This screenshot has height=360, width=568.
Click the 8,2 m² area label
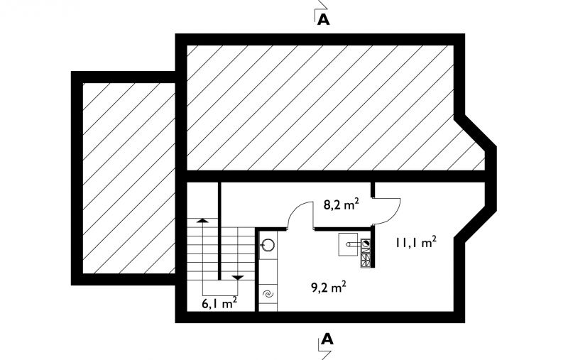[x=342, y=205]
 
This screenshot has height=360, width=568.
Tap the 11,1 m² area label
[x=415, y=243]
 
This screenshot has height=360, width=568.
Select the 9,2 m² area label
[x=329, y=288]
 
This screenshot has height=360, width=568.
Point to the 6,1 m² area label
[x=219, y=303]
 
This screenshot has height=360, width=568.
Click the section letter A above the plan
[x=324, y=20]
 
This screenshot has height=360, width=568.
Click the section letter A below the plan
[x=327, y=339]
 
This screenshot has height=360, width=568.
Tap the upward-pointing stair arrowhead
[x=202, y=220]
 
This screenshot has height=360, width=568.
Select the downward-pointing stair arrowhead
[x=238, y=278]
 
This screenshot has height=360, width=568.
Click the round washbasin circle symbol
[x=268, y=245]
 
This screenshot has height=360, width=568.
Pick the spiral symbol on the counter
[x=268, y=295]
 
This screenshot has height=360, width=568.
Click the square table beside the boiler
[x=348, y=244]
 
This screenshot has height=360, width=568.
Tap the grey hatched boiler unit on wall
[x=366, y=253]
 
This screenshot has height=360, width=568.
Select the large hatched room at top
[x=321, y=107]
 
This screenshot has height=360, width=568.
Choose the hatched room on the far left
[x=129, y=178]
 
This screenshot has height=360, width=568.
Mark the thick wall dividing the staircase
[x=219, y=231]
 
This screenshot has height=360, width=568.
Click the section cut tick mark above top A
[x=321, y=6]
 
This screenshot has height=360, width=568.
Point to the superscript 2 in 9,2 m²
[x=344, y=284]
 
